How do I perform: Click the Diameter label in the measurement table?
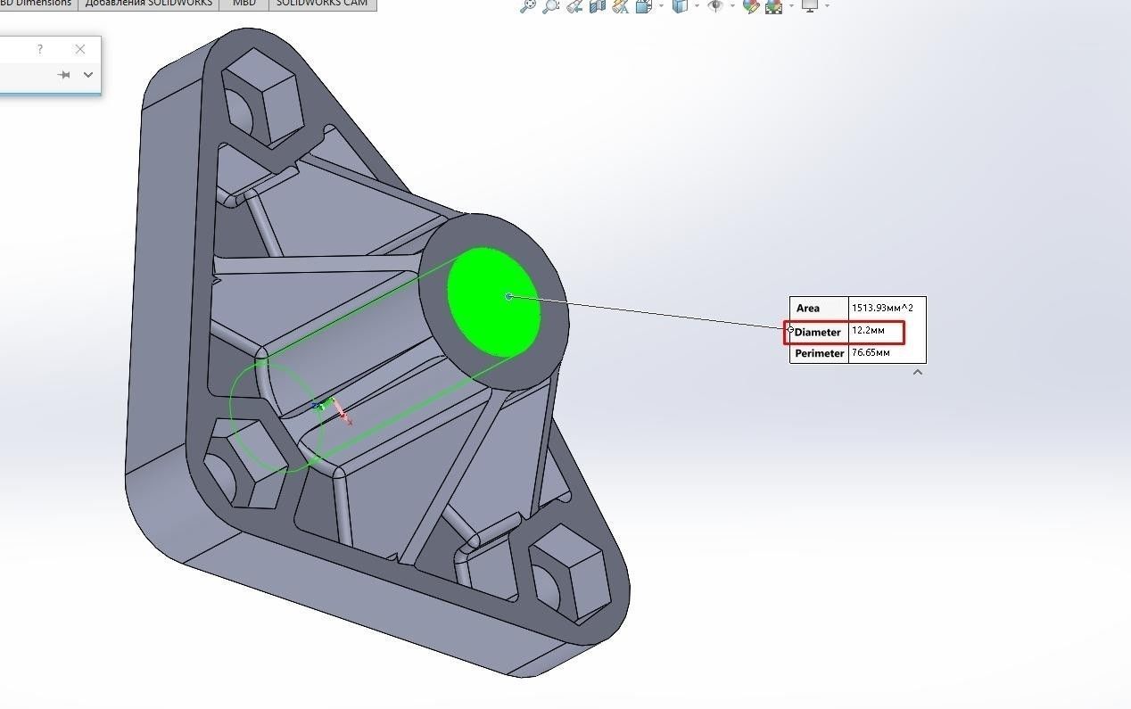click(818, 332)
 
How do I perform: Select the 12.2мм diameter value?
click(868, 331)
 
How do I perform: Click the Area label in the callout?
click(808, 308)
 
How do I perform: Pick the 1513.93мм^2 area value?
click(882, 308)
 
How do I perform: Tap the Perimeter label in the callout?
click(819, 353)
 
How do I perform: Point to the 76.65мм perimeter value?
click(871, 353)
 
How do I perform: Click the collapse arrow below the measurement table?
click(917, 372)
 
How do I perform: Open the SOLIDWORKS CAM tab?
click(321, 4)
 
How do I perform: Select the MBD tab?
click(244, 4)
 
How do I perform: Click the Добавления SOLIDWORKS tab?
click(148, 4)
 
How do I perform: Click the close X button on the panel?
click(80, 49)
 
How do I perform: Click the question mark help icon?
click(40, 49)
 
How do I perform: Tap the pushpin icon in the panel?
click(63, 75)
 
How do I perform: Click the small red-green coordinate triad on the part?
click(332, 408)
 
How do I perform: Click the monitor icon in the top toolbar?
click(810, 6)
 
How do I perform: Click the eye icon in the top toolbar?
click(714, 6)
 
